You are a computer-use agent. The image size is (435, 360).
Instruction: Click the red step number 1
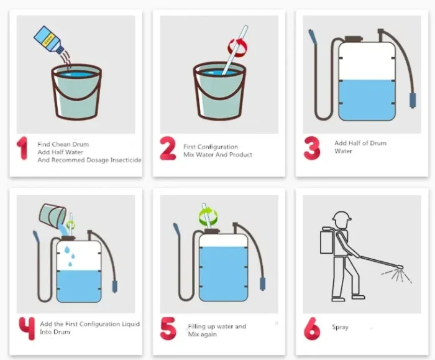point(22,148)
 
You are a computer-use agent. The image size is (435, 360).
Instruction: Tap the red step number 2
point(168,149)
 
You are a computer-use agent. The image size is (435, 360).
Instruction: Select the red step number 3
point(312,148)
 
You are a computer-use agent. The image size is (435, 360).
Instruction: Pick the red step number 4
point(27,328)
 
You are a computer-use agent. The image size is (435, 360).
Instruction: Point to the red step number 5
point(168,329)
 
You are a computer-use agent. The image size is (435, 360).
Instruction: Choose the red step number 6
point(312,329)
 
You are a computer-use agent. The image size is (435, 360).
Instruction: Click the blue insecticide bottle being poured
point(48,39)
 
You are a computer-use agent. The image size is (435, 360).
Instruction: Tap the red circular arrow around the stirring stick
point(237,47)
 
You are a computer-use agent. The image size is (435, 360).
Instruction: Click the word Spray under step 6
point(340,327)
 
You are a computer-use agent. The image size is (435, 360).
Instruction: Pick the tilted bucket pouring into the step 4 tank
point(52,214)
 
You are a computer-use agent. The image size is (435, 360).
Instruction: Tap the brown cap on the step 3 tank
point(354,39)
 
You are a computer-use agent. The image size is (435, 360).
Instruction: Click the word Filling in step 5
point(196,326)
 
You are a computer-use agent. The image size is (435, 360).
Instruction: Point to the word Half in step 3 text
point(354,143)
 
